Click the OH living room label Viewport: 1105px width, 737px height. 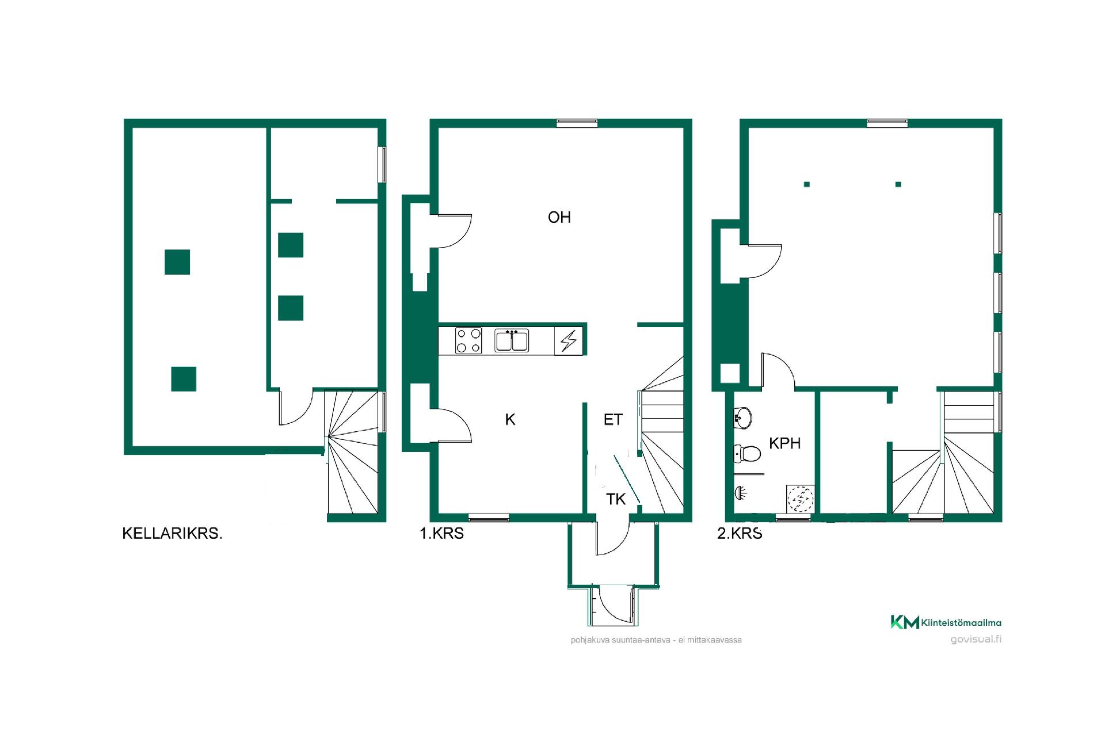(559, 217)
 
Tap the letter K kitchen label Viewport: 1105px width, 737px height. (510, 420)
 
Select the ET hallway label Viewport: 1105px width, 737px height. (613, 420)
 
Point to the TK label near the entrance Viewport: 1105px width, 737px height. (616, 499)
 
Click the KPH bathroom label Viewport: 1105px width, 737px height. (785, 443)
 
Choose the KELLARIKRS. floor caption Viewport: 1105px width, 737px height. (172, 534)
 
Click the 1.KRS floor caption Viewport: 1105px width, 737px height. (441, 534)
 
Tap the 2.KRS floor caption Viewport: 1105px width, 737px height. (740, 534)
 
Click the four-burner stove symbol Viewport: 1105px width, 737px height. (468, 340)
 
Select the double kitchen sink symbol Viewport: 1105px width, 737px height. (512, 340)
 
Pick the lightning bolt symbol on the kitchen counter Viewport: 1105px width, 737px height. (569, 341)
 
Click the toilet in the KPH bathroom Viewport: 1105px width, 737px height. (747, 454)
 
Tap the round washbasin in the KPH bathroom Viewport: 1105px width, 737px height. (743, 418)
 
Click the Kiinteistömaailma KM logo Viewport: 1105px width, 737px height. (946, 622)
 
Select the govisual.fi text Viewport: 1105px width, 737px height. (976, 639)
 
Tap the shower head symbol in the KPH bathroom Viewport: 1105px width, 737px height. (741, 493)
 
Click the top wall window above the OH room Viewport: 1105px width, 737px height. (577, 123)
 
